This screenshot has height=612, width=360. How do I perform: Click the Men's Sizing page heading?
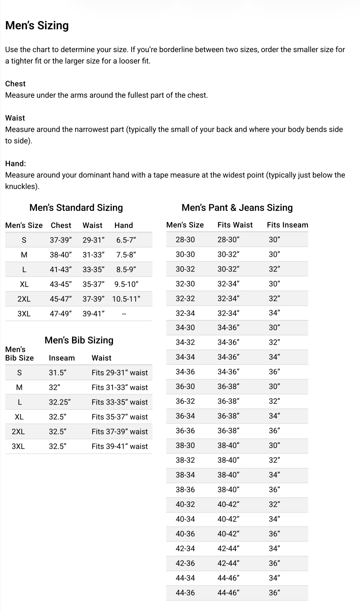coord(37,25)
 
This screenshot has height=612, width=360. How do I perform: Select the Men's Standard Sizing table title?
coord(76,208)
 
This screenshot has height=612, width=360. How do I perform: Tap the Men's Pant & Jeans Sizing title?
coord(237,208)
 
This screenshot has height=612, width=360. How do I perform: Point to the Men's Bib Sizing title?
coord(79,340)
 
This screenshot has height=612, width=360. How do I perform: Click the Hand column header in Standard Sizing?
coord(123,225)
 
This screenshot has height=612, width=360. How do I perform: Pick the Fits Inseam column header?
coord(287,225)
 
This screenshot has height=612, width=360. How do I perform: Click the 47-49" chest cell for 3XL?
coord(60,314)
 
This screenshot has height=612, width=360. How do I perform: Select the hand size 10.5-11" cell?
coord(126,299)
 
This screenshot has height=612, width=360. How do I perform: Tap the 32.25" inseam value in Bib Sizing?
coord(60,402)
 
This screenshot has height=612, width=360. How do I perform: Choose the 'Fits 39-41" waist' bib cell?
coord(119,446)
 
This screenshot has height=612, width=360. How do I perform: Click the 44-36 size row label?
coord(185,593)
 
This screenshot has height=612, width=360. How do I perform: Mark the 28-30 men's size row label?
coord(185,240)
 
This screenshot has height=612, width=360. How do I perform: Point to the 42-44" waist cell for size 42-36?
coord(228,563)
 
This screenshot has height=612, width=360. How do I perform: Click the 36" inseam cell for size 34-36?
coord(274,372)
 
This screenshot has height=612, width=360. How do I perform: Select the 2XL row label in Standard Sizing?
coord(24,299)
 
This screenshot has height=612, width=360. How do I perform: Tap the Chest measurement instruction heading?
coord(15,84)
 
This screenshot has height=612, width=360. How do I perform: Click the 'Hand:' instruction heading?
coord(16,163)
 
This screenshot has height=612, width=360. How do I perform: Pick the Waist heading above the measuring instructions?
coord(15,118)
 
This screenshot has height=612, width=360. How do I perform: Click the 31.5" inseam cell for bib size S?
coord(58,372)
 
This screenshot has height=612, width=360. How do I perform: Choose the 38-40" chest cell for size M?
coord(60,255)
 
